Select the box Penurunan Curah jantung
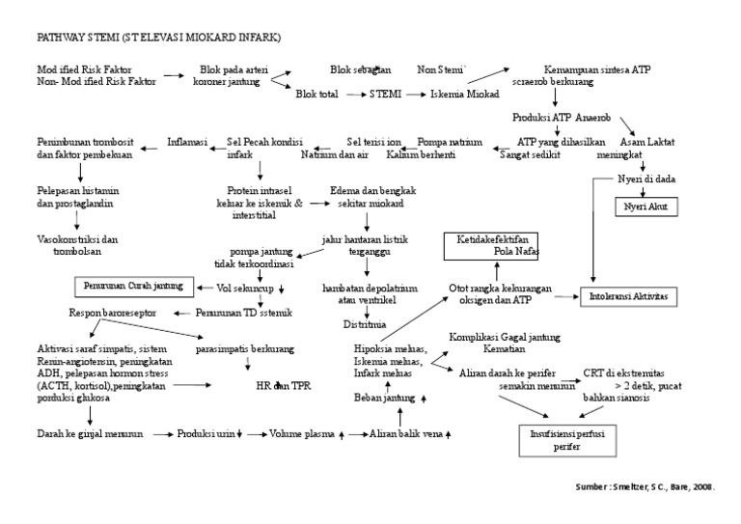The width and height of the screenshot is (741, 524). [x=133, y=287]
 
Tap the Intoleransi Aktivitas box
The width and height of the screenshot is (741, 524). [x=628, y=295]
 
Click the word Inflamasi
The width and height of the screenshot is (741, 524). [x=187, y=142]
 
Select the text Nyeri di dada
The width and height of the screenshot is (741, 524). [x=645, y=179]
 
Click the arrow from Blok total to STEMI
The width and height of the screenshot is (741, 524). [x=352, y=95]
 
